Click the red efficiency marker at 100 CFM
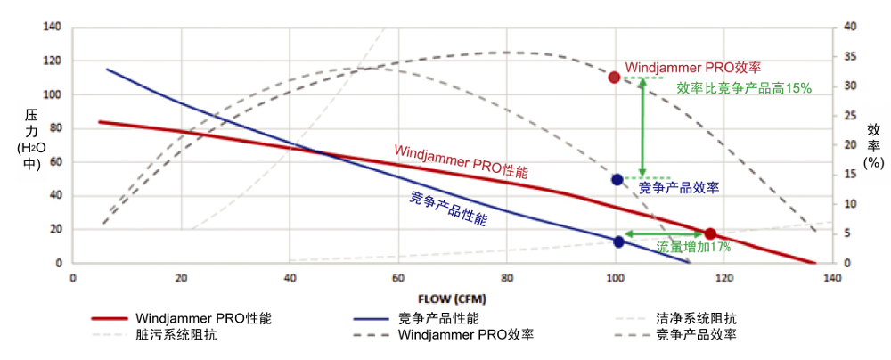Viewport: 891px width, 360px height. pyautogui.click(x=614, y=78)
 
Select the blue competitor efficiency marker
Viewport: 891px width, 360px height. pyautogui.click(x=617, y=179)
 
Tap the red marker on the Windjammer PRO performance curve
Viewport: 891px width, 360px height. pyautogui.click(x=710, y=233)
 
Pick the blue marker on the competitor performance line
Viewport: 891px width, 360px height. pyautogui.click(x=619, y=241)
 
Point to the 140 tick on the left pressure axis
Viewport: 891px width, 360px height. pyautogui.click(x=53, y=28)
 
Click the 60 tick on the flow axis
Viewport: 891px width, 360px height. pyautogui.click(x=397, y=279)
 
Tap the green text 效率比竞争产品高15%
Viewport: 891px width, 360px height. pyautogui.click(x=743, y=88)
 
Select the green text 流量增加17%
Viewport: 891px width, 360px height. pyautogui.click(x=693, y=247)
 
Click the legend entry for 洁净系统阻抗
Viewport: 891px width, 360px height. pyautogui.click(x=695, y=318)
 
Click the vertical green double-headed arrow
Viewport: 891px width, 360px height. pyautogui.click(x=642, y=127)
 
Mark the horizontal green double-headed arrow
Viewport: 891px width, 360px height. pyautogui.click(x=663, y=233)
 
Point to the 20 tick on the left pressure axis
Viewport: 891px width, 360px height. pyautogui.click(x=55, y=229)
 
